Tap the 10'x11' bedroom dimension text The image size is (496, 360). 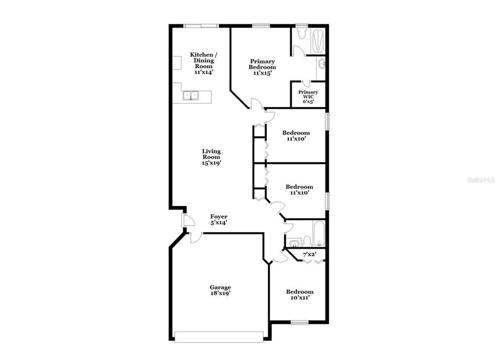coord(300,297)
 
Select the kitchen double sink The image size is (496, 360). coord(190,95)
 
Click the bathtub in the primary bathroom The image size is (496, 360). coord(318,40)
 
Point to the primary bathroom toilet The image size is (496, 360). coord(301,33)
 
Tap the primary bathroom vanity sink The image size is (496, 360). coord(321,63)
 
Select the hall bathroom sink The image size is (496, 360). coord(295,243)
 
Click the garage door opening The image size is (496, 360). coord(219,337)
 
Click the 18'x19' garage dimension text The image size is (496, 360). coord(220,293)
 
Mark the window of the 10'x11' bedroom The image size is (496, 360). coord(300,322)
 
